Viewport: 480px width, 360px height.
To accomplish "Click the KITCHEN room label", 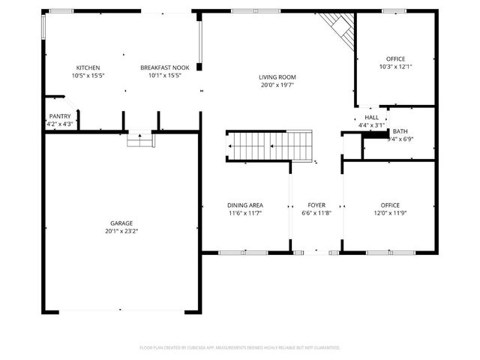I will [x=88, y=67].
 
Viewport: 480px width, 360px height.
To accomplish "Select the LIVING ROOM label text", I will [x=277, y=76].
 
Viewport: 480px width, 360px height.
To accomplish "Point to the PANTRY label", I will [x=60, y=116].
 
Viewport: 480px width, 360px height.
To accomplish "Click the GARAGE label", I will [x=121, y=223].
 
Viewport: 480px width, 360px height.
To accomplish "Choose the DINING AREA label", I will [x=244, y=205].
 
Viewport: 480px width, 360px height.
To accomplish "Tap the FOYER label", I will [x=316, y=205].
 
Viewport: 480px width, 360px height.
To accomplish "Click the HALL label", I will [x=372, y=118].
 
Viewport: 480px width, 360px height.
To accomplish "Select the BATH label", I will [x=400, y=130].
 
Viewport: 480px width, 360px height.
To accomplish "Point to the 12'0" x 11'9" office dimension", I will [x=390, y=213].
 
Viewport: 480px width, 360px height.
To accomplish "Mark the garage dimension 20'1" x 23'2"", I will [x=121, y=232].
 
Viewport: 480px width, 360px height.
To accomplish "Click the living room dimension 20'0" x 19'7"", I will [x=277, y=84].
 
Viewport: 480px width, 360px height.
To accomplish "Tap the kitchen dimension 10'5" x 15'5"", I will [x=88, y=75].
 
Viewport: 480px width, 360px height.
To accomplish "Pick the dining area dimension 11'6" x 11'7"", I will [x=244, y=213].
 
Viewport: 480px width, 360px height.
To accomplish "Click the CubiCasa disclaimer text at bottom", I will [x=240, y=347].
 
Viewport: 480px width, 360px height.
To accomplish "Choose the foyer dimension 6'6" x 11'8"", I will [x=316, y=213].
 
